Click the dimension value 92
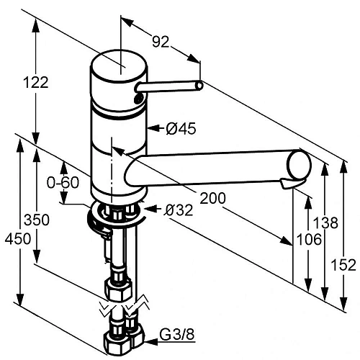click(x=161, y=42)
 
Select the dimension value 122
click(x=36, y=82)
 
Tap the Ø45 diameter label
click(x=181, y=128)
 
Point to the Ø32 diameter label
click(x=179, y=210)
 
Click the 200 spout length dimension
click(x=212, y=198)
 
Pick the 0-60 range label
click(x=63, y=183)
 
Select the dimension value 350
click(x=37, y=220)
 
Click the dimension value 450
click(x=18, y=239)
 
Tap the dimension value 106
click(x=309, y=240)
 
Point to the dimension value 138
click(x=325, y=222)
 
